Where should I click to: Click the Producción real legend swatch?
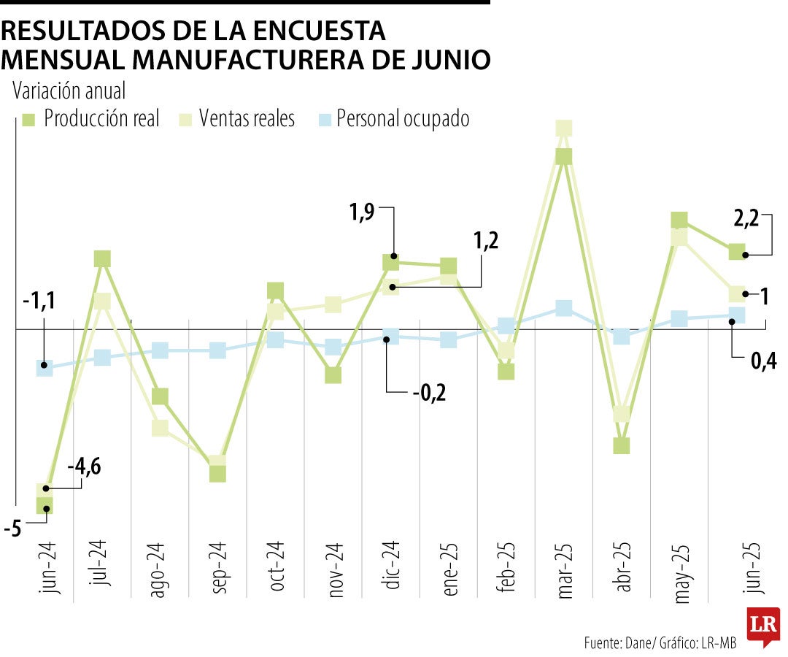pos(28,119)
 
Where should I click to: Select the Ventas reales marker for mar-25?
pos(563,129)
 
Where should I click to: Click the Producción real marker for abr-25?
pos(622,445)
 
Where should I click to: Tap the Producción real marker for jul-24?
pos(102,258)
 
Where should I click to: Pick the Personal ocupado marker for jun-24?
pos(45,367)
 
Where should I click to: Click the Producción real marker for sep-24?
pos(217,473)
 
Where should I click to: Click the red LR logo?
pos(762,626)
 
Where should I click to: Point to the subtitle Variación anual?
pos(69,91)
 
